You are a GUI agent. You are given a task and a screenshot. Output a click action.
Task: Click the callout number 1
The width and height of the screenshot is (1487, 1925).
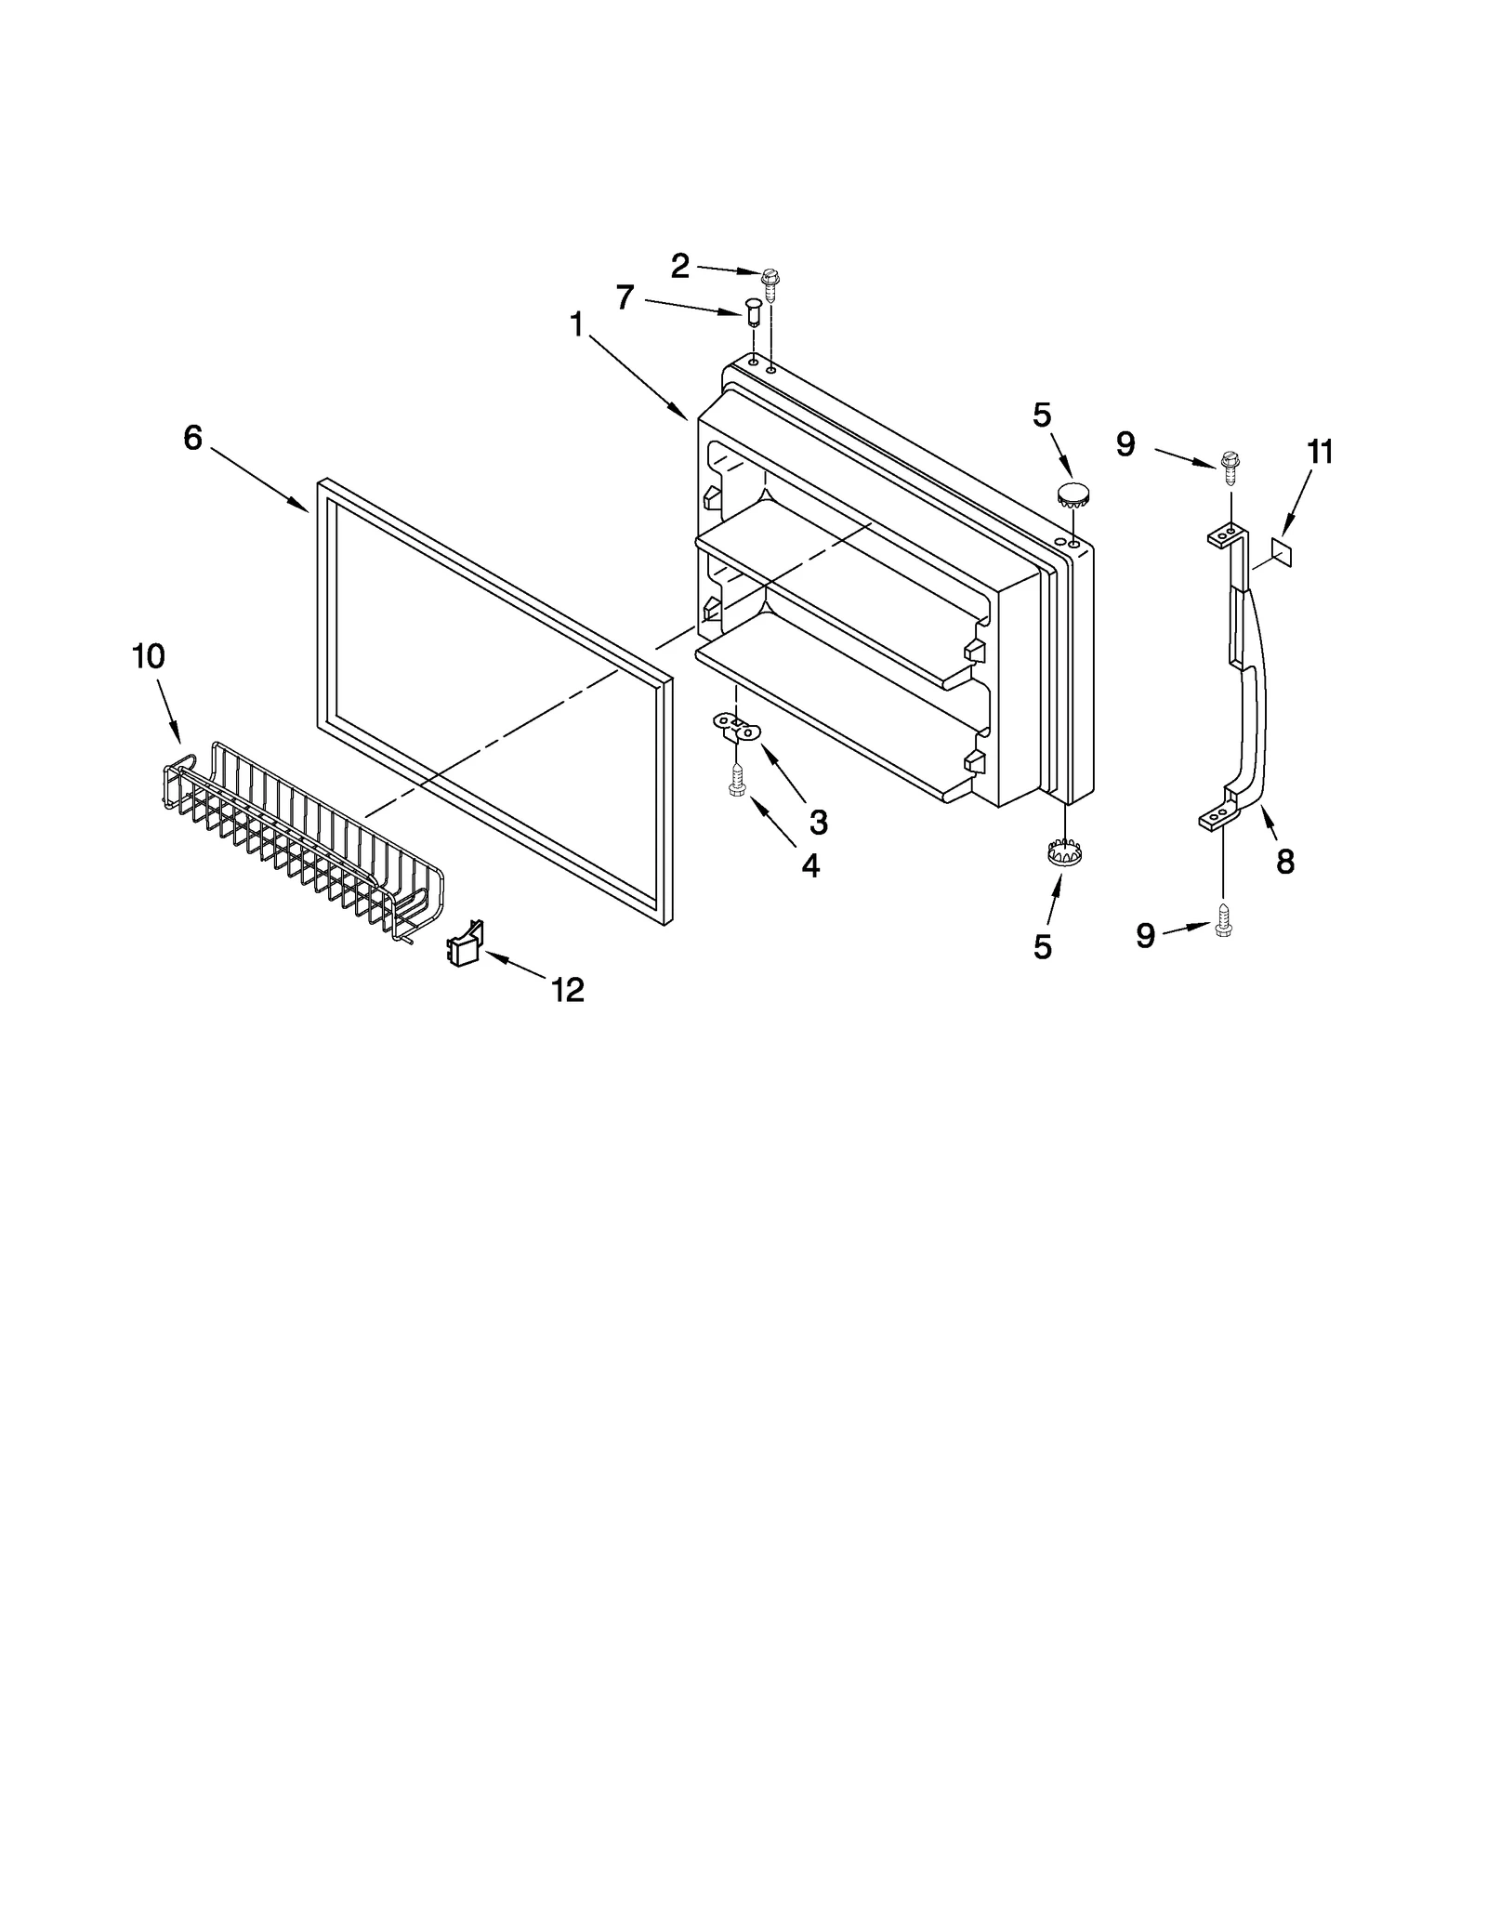(577, 325)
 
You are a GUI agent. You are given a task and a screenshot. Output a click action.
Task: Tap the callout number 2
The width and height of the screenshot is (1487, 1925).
(680, 267)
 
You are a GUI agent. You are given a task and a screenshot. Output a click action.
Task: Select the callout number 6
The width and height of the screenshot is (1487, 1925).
(192, 437)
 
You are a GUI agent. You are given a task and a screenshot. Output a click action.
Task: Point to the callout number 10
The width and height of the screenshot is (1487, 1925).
(149, 656)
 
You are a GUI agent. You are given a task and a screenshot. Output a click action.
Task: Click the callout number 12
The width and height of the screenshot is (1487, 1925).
(568, 990)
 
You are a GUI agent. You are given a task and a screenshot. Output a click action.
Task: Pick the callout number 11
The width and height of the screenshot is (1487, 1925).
(1320, 453)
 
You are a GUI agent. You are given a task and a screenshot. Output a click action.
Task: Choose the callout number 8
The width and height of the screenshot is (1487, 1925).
(1285, 863)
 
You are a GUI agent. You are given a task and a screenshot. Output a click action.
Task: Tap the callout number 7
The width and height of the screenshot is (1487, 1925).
(625, 297)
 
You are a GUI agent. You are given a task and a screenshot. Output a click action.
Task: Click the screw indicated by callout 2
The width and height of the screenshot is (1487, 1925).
(770, 280)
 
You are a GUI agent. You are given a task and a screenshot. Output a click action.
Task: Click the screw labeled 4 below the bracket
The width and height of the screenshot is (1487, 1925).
(736, 779)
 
